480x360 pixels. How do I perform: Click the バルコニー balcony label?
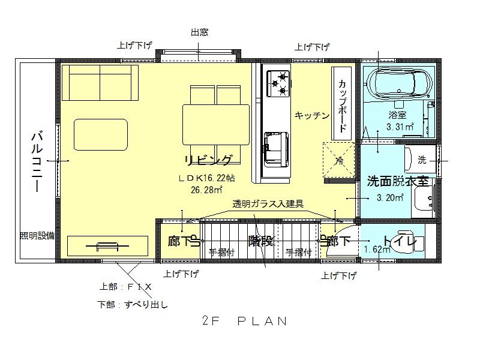[37, 161]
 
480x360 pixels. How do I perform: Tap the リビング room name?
[208, 160]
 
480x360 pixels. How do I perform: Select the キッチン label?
[312, 116]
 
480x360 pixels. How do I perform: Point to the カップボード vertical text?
[342, 106]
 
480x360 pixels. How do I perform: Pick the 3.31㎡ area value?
[400, 127]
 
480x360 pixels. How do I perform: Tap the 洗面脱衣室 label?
[398, 181]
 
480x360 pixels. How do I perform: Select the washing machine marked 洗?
[422, 160]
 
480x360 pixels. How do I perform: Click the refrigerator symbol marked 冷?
[339, 160]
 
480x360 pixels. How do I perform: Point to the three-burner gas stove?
[279, 83]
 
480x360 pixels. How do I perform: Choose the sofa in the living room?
[100, 83]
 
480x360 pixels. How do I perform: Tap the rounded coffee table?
[101, 134]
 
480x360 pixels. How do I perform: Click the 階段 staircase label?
[261, 241]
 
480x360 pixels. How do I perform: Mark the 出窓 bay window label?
[199, 33]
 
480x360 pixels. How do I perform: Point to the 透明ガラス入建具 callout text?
[268, 204]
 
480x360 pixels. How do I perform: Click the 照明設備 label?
[37, 236]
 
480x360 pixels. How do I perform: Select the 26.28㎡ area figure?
[207, 190]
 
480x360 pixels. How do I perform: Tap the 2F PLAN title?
[245, 321]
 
